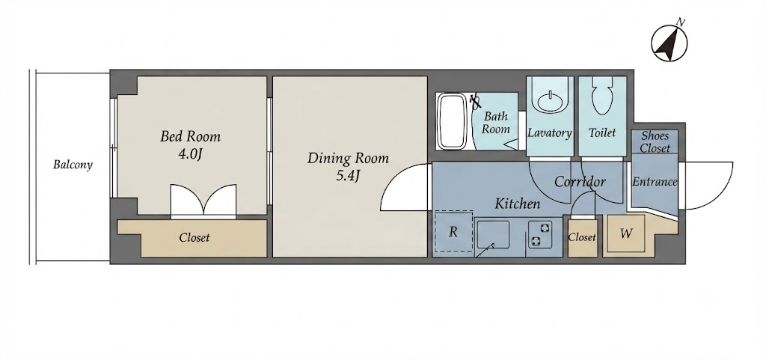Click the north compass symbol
(670, 43)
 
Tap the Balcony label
(73, 165)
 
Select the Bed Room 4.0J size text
(190, 154)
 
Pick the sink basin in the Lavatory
(552, 101)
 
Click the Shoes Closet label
(655, 141)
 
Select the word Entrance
(655, 182)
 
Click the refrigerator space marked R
(453, 231)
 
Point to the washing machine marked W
(626, 234)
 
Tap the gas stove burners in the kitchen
(539, 234)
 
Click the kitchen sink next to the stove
(493, 236)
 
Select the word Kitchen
(518, 204)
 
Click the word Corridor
(580, 182)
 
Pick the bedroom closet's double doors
(203, 201)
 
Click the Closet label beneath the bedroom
(194, 238)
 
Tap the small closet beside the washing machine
(582, 238)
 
